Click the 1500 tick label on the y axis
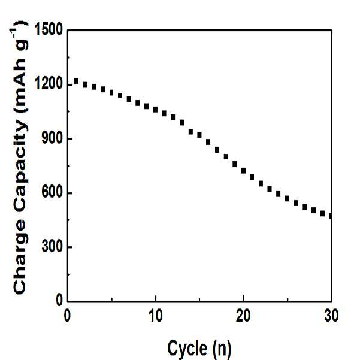(49, 29)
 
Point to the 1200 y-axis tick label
(49, 84)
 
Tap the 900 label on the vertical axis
(52, 138)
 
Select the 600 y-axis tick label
(52, 193)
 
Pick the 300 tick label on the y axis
(52, 247)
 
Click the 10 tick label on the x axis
(156, 316)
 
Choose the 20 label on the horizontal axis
(243, 316)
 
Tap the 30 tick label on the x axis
(331, 316)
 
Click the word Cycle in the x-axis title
(187, 349)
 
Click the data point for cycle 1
(77, 81)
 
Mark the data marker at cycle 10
(155, 110)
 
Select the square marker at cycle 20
(243, 171)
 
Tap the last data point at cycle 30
(331, 216)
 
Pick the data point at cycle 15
(199, 135)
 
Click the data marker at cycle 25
(287, 198)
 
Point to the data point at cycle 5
(111, 92)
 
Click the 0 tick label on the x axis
(67, 316)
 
